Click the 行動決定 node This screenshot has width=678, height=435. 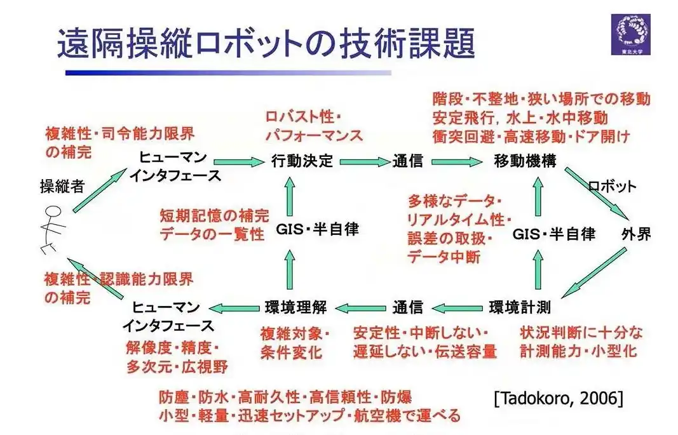[x=302, y=161]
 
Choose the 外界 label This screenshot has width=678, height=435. [x=636, y=234]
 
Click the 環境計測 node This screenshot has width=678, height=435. [x=520, y=307]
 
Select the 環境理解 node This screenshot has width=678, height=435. [x=295, y=307]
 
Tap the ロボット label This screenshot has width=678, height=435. [x=612, y=187]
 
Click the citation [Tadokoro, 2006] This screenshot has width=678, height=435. [x=559, y=398]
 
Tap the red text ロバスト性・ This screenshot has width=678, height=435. [x=304, y=117]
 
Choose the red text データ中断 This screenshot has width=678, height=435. [x=444, y=257]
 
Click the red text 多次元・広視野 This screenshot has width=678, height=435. [x=177, y=366]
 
